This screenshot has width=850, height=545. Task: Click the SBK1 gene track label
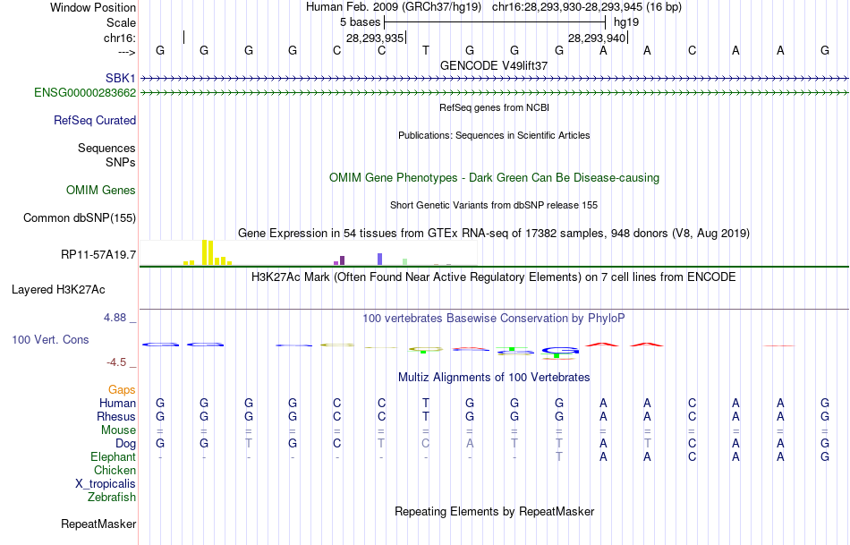point(120,79)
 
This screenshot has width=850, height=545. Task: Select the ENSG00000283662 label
point(85,92)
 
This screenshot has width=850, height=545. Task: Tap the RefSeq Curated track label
point(95,120)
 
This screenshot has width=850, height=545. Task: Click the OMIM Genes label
point(101,190)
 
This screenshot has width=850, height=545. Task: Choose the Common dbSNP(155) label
point(80,217)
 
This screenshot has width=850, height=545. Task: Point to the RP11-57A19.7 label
point(98,255)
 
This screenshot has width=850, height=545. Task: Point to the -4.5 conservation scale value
point(120,362)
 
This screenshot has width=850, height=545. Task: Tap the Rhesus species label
point(116,416)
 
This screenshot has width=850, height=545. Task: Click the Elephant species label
point(114,456)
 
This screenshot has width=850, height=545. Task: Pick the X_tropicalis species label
point(106,483)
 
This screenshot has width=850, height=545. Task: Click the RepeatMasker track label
point(98,524)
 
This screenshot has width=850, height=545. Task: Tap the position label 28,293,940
point(596,38)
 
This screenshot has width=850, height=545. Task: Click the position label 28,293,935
point(375,38)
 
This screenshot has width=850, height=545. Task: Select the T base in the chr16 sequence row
point(426,50)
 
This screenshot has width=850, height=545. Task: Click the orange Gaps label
point(122,389)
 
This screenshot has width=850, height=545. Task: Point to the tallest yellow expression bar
point(205,251)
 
